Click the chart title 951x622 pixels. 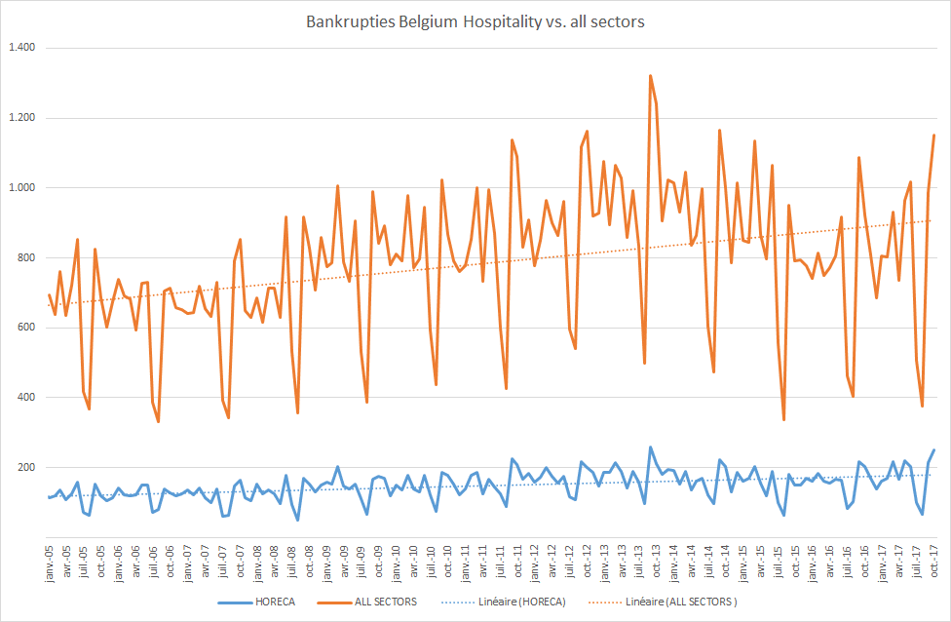point(475,21)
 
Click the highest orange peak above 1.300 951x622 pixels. point(650,76)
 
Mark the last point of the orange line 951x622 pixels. point(933,136)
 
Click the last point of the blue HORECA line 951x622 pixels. point(933,450)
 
